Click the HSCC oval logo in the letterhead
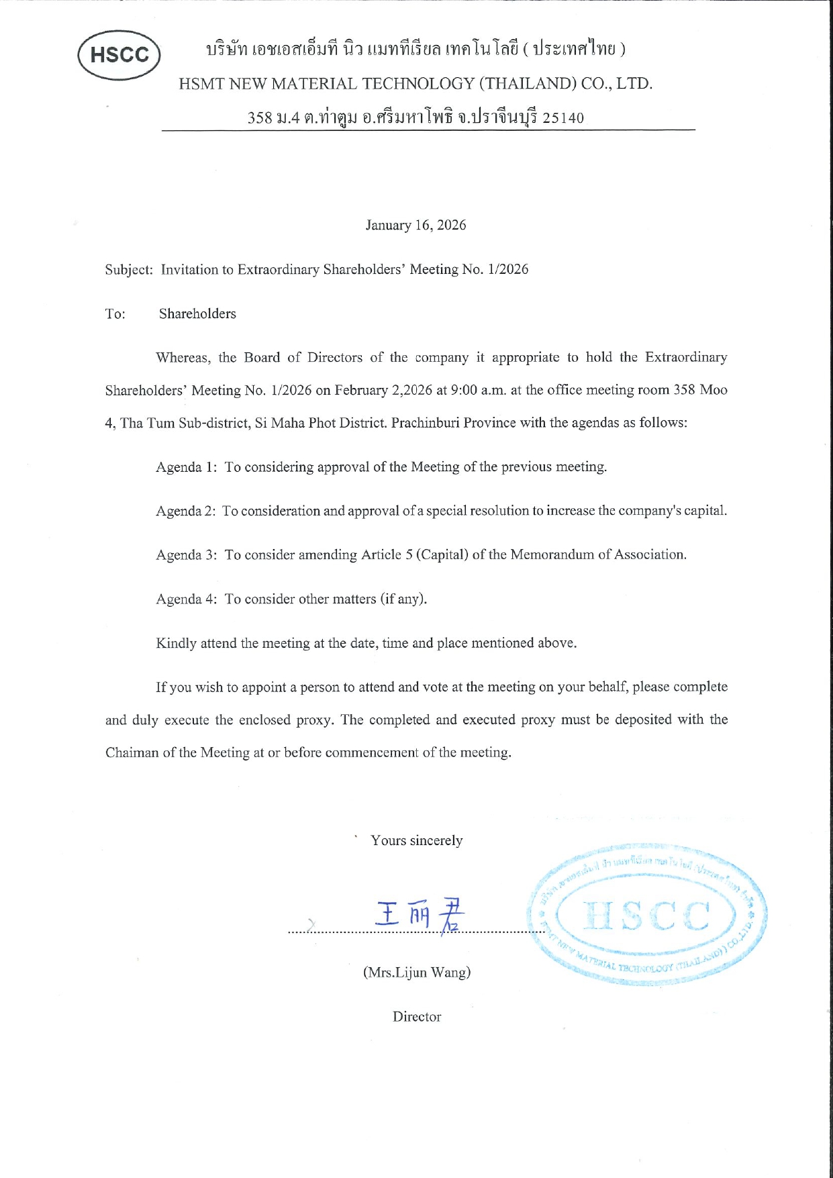[119, 55]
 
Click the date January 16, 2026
[415, 225]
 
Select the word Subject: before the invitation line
[129, 270]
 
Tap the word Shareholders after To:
[197, 314]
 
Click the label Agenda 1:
[186, 467]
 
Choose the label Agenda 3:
[186, 555]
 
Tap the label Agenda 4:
[186, 599]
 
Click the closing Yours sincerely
[416, 840]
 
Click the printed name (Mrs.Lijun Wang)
[416, 972]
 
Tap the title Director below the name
[416, 1016]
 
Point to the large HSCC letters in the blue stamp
[646, 916]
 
